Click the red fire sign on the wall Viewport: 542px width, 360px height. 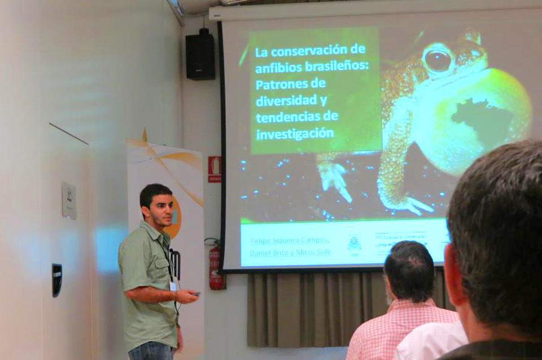(214, 169)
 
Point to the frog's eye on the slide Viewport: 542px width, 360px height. (438, 60)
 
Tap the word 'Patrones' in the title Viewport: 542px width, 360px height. (281, 85)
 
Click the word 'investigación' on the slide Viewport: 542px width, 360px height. (294, 134)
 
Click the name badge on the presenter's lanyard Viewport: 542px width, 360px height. (173, 286)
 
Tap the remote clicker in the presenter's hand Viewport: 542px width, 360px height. (195, 293)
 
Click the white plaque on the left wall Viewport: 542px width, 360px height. (68, 199)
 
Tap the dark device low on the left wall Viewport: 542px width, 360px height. (57, 279)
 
